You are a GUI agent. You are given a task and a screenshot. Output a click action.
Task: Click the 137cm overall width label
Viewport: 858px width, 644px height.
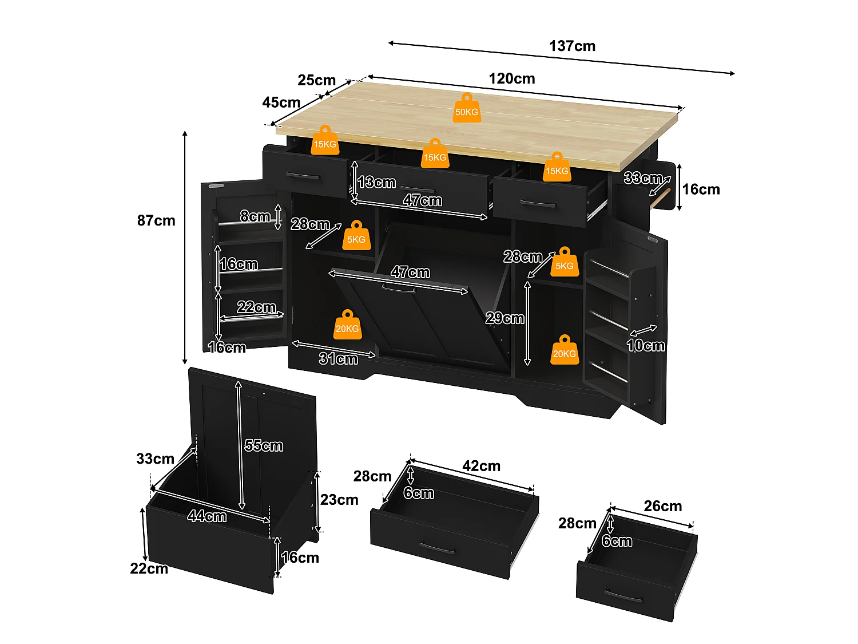tap(572, 46)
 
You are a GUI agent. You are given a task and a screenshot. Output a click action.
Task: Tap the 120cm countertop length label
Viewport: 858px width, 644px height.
tap(512, 78)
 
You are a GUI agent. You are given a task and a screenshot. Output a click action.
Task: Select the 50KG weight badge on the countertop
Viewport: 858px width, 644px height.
tap(466, 108)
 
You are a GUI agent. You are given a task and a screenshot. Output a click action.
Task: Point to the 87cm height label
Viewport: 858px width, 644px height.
tap(156, 220)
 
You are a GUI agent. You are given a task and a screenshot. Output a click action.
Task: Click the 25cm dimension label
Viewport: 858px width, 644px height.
tap(317, 80)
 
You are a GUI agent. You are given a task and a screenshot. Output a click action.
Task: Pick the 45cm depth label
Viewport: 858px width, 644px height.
tap(281, 102)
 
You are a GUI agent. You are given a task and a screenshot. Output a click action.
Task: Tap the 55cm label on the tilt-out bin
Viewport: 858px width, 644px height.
tap(264, 445)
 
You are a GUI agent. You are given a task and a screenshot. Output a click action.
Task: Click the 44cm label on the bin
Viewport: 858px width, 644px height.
tap(207, 516)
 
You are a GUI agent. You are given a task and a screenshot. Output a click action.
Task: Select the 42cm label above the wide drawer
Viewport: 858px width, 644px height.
tap(481, 466)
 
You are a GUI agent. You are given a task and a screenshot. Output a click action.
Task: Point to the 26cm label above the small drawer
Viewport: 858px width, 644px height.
tap(662, 506)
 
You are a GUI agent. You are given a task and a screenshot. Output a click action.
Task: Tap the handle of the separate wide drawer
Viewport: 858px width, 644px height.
tap(438, 547)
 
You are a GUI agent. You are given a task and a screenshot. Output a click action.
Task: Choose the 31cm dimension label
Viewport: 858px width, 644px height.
tap(338, 358)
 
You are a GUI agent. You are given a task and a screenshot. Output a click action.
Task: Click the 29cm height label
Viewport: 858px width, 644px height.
tap(505, 318)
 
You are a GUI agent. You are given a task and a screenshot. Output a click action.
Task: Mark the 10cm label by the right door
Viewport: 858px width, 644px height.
tap(646, 346)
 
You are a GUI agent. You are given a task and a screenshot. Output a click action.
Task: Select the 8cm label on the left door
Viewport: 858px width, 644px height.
tap(255, 216)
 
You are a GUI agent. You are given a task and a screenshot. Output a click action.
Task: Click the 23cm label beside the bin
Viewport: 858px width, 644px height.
tap(339, 500)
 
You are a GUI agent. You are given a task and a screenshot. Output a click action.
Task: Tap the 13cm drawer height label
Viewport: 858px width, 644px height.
tap(376, 182)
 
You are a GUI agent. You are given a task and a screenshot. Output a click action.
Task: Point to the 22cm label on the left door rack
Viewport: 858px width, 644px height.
tap(256, 307)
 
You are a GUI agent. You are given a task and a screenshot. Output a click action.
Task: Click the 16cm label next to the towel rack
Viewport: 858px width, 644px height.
tap(701, 189)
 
